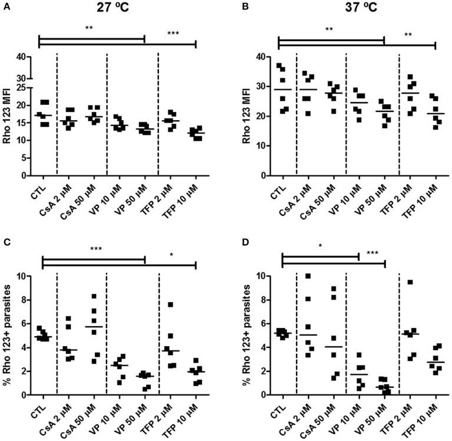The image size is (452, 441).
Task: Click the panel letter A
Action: point(5,5)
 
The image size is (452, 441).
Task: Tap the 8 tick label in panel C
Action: point(26,300)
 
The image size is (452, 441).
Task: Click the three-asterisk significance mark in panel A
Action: point(173,34)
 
